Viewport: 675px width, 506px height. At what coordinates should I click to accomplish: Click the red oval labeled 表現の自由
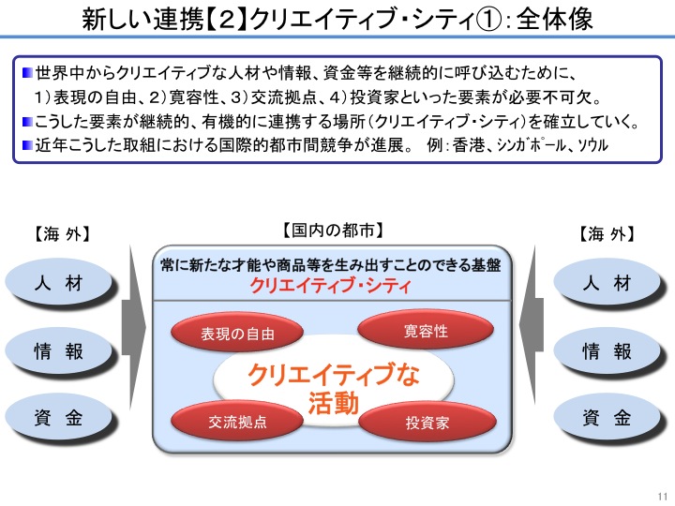click(237, 333)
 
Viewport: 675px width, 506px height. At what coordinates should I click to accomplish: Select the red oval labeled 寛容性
click(426, 331)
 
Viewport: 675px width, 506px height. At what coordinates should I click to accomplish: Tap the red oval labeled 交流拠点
click(237, 421)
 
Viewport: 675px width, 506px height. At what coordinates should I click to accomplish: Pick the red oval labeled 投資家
click(427, 422)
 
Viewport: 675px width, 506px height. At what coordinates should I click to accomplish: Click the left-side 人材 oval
click(58, 283)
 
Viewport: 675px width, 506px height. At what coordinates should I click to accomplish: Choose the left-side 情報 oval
click(58, 350)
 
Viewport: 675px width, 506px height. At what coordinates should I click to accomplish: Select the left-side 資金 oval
click(58, 417)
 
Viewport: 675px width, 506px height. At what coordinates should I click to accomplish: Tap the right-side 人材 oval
click(607, 283)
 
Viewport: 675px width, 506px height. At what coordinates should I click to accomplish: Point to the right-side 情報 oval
click(607, 350)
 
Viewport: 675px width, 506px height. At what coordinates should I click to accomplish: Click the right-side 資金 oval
click(607, 417)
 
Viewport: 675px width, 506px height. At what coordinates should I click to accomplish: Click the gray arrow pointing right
click(134, 327)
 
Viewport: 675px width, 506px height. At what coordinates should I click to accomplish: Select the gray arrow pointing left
click(532, 326)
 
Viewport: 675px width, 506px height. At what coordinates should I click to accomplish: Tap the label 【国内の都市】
click(333, 231)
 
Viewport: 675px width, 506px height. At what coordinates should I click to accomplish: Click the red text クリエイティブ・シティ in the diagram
click(330, 285)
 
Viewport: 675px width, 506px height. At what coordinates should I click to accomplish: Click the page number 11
click(663, 496)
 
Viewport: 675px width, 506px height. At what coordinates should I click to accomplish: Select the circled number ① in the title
click(489, 21)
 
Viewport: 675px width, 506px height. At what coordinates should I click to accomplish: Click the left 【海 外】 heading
click(62, 234)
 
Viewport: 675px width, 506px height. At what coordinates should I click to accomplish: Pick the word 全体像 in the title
click(554, 20)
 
